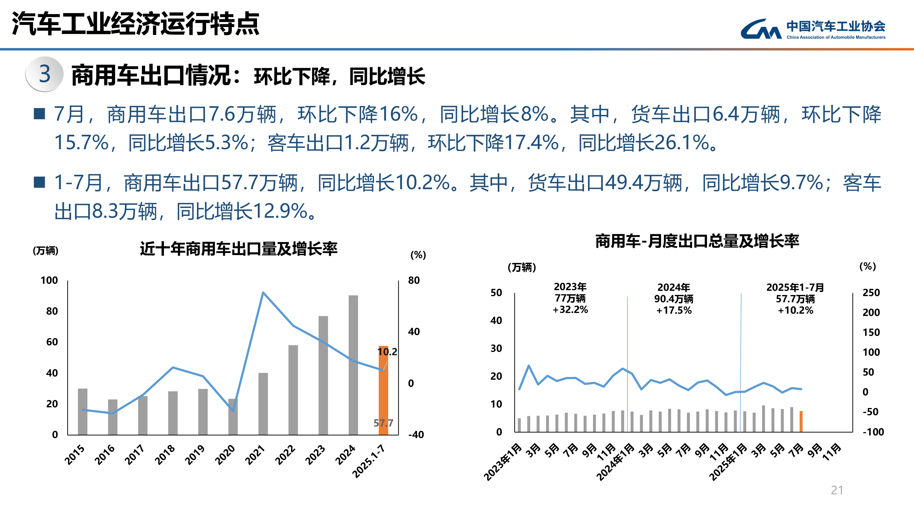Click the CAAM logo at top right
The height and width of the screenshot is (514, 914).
(x=813, y=29)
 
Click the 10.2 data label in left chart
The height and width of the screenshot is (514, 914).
(x=387, y=352)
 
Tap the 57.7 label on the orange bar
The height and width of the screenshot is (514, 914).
(x=383, y=423)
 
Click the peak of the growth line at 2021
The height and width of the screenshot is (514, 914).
(x=263, y=293)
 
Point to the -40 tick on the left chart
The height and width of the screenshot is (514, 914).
(x=416, y=435)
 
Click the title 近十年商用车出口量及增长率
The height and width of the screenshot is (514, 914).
(x=238, y=249)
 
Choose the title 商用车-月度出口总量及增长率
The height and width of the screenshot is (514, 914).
(x=697, y=241)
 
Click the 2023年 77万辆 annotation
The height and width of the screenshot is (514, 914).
(x=570, y=298)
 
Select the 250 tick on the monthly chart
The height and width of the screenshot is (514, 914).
(x=871, y=293)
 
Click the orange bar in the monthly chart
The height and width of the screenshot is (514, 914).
(x=801, y=421)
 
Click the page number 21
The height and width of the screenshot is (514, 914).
(x=837, y=490)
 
